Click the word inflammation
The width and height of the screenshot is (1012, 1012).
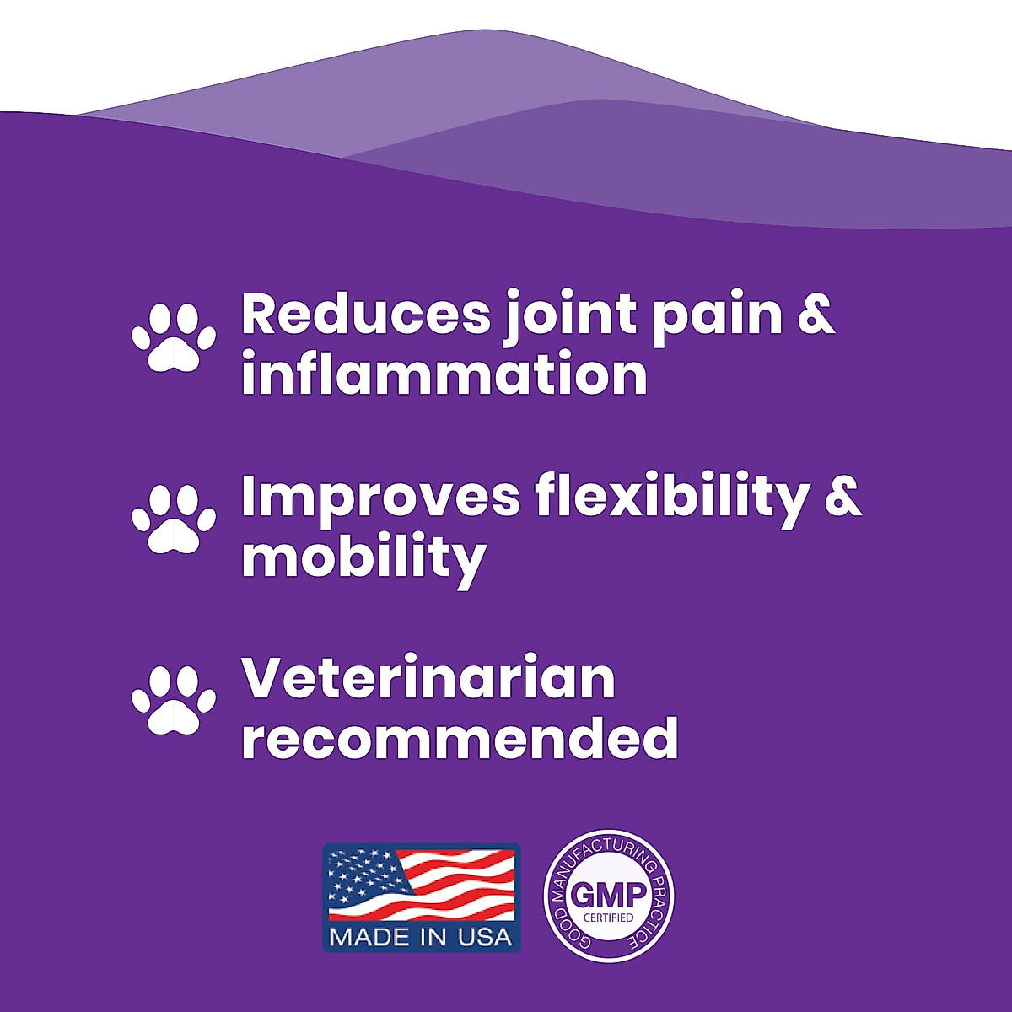click(444, 372)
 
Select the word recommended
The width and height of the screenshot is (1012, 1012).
click(460, 735)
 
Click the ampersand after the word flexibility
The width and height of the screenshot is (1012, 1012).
click(843, 498)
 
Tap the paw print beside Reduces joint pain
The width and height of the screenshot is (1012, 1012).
click(174, 337)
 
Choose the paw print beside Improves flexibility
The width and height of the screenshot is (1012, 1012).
click(174, 519)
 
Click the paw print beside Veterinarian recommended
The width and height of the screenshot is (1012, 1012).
click(174, 700)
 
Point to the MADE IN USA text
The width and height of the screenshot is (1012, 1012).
click(421, 936)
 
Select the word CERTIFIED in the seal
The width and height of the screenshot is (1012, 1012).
click(609, 918)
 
